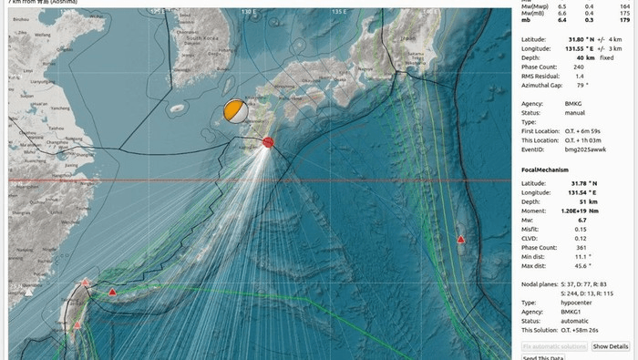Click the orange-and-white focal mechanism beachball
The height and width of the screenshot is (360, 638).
[x=234, y=110]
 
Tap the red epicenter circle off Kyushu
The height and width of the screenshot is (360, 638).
[x=268, y=142]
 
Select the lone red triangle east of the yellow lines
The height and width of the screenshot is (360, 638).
[x=461, y=239]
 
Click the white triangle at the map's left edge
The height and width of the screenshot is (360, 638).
[x=28, y=292]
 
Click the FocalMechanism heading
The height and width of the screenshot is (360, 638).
[x=545, y=170]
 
